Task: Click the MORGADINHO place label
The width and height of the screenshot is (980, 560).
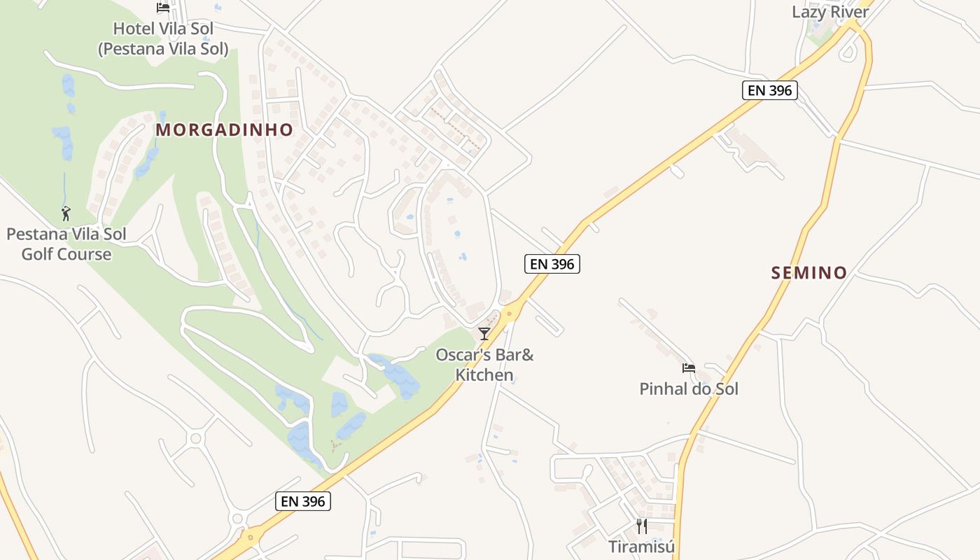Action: coord(224,129)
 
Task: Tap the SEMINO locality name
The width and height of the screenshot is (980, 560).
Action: coord(809,273)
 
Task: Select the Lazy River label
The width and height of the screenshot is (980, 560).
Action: coord(830,12)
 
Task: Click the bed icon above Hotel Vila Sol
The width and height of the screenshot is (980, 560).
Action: coord(163,8)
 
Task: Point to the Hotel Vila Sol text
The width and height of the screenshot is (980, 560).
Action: coord(163,29)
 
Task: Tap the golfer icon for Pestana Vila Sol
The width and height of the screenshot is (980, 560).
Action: coord(66,213)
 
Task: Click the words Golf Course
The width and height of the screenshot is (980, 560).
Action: coord(66,254)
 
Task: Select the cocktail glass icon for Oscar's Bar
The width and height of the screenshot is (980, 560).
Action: coord(484,333)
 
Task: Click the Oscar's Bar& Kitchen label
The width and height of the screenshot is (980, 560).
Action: coord(484,364)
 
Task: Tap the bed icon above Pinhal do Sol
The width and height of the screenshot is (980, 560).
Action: coord(689,368)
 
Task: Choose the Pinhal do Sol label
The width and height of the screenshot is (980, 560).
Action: coord(689,388)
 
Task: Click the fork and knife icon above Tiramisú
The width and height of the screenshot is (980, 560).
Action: coord(641,526)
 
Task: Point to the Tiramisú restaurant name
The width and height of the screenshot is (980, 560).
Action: coord(641,547)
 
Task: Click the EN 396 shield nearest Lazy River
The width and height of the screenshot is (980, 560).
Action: coord(769,90)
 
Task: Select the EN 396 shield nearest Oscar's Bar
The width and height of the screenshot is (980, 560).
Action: coord(552,264)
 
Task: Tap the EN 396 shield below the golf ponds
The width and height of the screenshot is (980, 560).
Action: coord(304,501)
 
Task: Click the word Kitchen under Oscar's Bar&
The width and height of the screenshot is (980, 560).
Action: coord(484,375)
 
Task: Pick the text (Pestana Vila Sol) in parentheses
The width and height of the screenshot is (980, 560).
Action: coord(163,49)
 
